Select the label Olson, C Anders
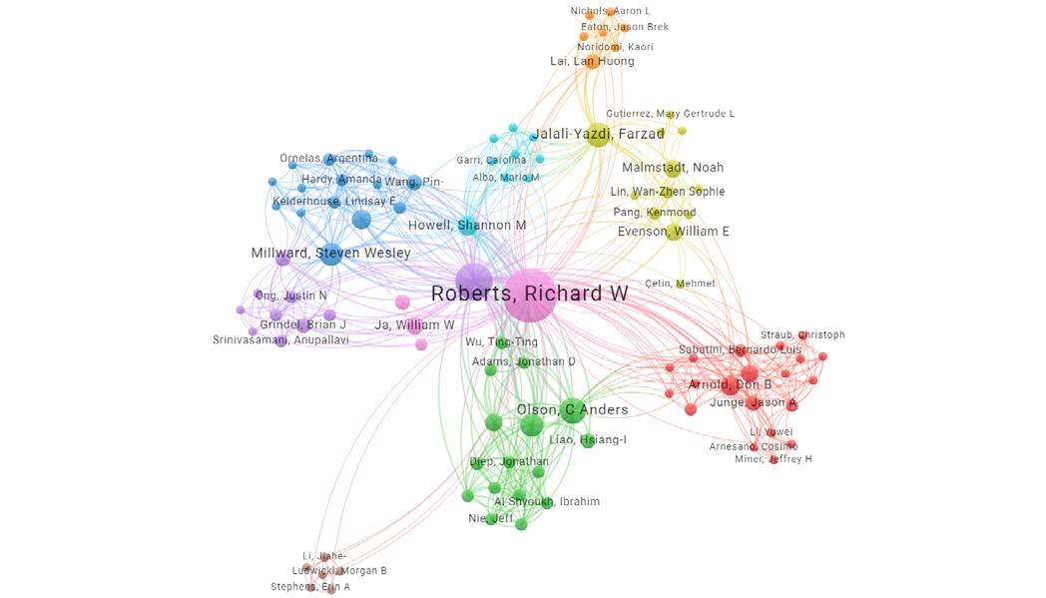(x=572, y=410)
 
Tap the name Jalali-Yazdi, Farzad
(x=598, y=134)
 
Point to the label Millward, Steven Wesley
(x=330, y=254)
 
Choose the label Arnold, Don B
(x=730, y=384)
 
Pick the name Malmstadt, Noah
(x=673, y=168)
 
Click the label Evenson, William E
(x=673, y=232)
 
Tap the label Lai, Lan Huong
(x=592, y=62)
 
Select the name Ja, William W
(x=414, y=325)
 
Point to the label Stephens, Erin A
(x=310, y=587)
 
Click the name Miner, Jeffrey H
(x=773, y=459)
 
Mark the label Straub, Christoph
(x=802, y=335)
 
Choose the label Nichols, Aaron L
(x=610, y=11)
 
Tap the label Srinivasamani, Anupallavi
(x=280, y=340)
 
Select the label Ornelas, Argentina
(x=328, y=159)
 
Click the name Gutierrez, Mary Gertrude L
(x=670, y=114)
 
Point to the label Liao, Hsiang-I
(x=587, y=440)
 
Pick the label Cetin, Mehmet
(x=680, y=284)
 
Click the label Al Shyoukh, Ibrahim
(x=547, y=501)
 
